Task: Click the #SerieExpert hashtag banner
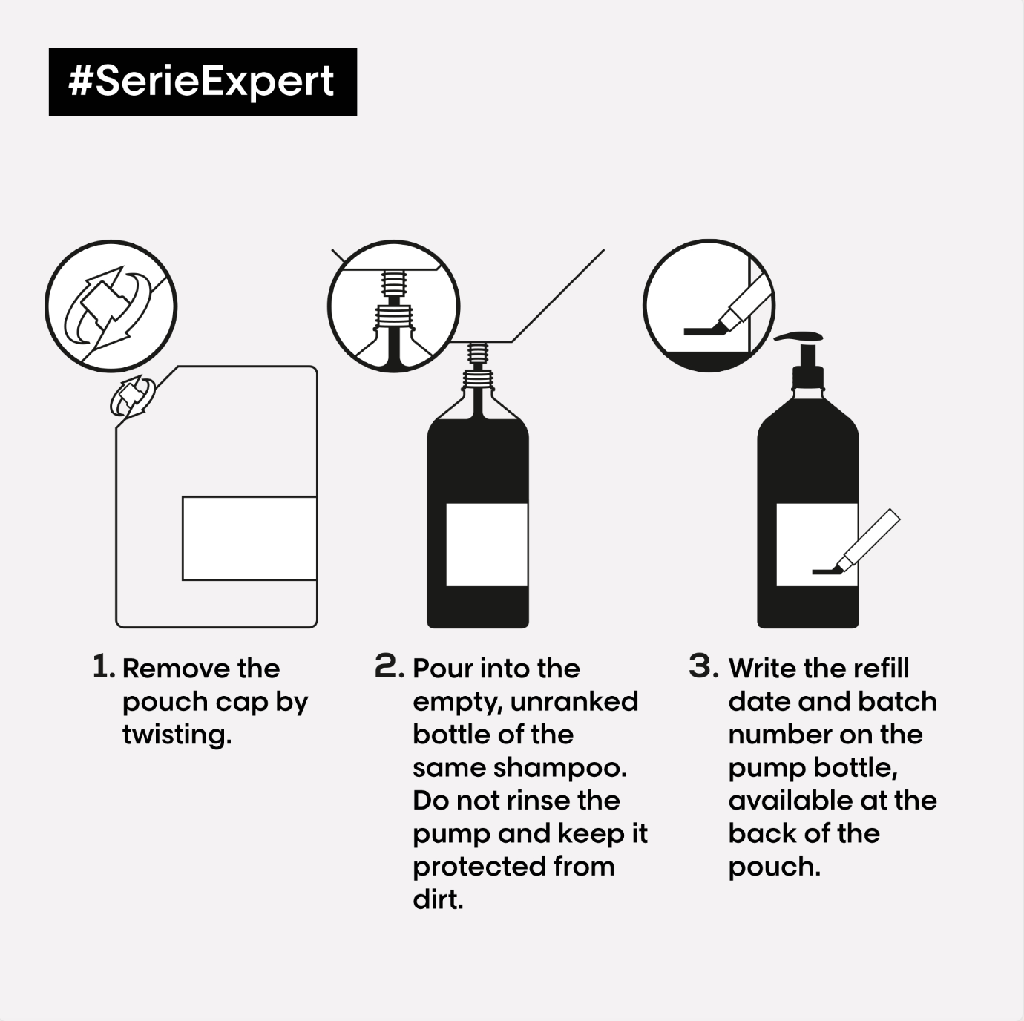(203, 82)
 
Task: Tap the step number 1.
(103, 666)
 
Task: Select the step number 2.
(389, 666)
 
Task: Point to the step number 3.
(703, 666)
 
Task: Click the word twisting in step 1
(177, 735)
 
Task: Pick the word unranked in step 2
(574, 702)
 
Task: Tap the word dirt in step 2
(438, 899)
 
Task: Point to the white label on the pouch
(250, 538)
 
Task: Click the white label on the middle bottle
(487, 544)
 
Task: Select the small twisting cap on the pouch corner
(132, 396)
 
